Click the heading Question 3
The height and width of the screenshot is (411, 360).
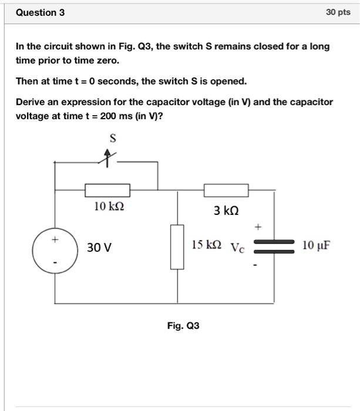[41, 12]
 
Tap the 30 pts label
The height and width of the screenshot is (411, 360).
[338, 12]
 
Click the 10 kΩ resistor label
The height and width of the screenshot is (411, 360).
[109, 207]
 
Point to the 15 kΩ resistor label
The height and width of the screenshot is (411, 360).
[206, 245]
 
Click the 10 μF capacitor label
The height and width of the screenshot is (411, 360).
[317, 245]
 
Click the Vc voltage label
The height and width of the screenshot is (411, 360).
[237, 247]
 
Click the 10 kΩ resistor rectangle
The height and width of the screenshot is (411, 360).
[107, 190]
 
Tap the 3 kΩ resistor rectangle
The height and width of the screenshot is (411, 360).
[226, 190]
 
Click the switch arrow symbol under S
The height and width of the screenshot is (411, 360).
[107, 157]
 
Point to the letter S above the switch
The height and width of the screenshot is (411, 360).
[113, 138]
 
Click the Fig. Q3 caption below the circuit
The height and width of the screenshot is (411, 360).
[183, 325]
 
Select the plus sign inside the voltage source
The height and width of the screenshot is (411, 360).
[55, 240]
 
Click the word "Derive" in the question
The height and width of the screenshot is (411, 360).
[30, 102]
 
